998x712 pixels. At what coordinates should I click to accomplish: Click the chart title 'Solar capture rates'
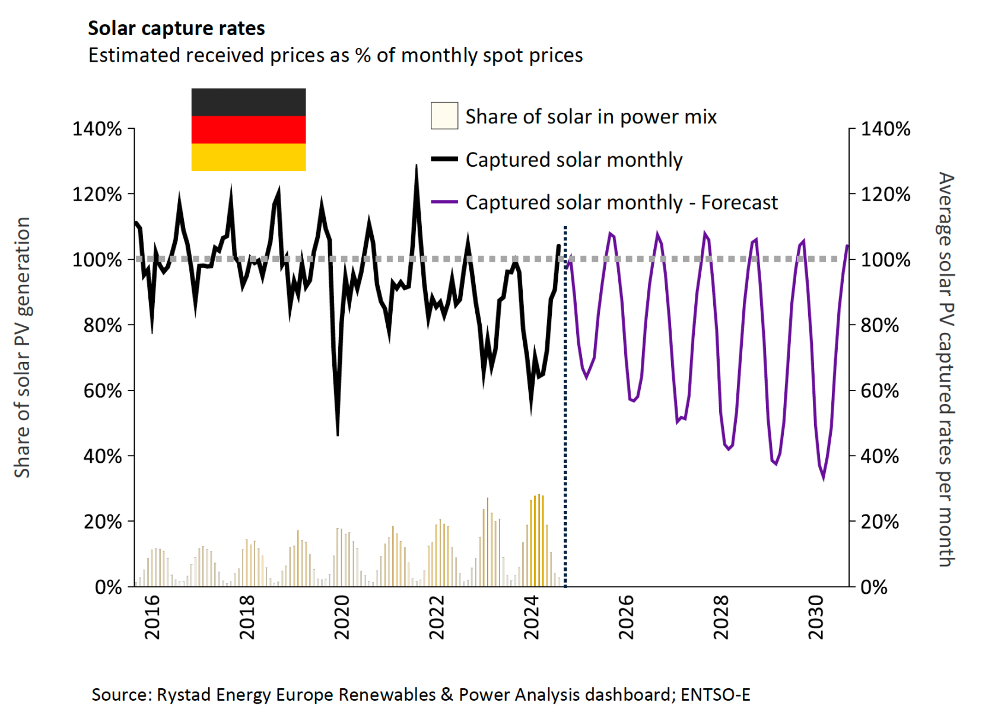pos(176,28)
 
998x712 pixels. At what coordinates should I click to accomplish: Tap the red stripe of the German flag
pos(248,129)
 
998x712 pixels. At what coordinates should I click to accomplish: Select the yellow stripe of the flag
pos(248,157)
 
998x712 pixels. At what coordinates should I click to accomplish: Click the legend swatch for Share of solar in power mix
pos(444,116)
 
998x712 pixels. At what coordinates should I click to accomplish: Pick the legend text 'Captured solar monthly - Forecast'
pos(621,202)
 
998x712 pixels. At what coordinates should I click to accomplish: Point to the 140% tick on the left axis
pos(97,129)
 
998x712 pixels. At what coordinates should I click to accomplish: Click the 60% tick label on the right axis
pos(879,391)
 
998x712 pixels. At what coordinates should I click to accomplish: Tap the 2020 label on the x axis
pos(342,617)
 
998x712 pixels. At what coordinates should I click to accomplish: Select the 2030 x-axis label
pos(816,617)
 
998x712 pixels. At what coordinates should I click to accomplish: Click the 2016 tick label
pos(152,617)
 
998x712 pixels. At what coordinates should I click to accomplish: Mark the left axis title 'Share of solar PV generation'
pos(22,347)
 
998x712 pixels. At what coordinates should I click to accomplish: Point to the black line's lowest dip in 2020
pos(338,435)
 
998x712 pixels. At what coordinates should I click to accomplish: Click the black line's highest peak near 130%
pos(416,166)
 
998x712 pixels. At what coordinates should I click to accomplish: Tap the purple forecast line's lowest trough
pos(823,478)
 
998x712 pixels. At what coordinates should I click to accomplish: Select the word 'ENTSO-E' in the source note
pos(715,695)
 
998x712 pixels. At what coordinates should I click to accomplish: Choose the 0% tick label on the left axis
pos(108,587)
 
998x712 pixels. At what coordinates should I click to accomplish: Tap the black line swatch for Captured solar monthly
pos(444,159)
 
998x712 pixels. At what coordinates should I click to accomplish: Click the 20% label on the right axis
pos(879,522)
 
